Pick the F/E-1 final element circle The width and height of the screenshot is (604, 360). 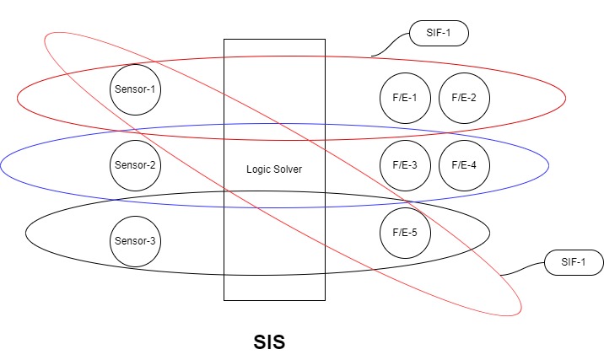coord(406,97)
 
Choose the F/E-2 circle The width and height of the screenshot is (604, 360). coord(464,97)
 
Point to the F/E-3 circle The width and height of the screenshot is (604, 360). coord(406,164)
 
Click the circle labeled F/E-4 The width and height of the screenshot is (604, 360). coord(464,164)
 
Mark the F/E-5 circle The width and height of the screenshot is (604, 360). coord(406,233)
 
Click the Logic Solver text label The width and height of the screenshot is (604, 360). coord(274,169)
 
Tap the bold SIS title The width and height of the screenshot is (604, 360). coord(270,343)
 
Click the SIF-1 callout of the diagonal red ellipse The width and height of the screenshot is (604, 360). coord(574,262)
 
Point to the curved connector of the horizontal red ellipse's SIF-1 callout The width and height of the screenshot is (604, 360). coord(391,46)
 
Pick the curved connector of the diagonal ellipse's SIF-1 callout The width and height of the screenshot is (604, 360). coord(523,269)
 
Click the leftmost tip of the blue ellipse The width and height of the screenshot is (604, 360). coord(1,165)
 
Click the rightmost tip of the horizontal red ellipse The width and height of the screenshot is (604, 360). coord(566,98)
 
